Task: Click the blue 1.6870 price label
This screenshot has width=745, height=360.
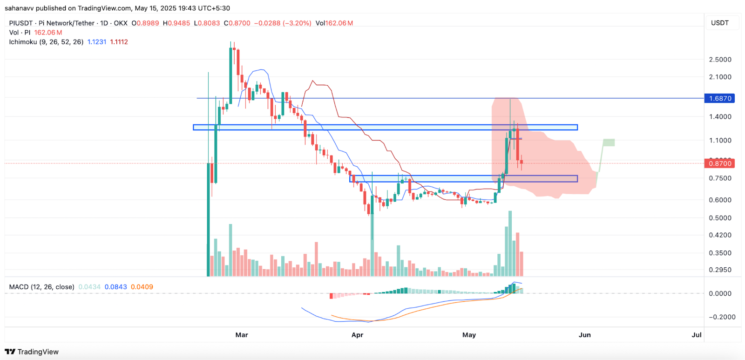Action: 720,98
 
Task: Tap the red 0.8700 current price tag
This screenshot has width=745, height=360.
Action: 720,163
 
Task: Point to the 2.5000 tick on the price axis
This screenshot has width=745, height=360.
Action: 720,60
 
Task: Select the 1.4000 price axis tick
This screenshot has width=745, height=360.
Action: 720,117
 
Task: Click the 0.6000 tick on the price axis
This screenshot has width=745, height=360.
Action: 720,200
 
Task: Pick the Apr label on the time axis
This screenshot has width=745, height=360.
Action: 357,335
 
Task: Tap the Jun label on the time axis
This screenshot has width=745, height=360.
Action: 584,335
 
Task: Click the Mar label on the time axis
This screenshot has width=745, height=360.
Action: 242,335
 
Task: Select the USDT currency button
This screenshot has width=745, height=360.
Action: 719,23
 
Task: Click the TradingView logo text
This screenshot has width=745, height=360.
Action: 38,352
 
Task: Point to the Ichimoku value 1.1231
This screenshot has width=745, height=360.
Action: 97,42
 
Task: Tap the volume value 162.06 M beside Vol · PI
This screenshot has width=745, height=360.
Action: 48,33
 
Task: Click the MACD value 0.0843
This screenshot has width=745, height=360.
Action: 115,287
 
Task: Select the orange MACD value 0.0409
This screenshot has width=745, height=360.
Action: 142,287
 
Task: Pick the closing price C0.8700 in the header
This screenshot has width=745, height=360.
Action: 237,23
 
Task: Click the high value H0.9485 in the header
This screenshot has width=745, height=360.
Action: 176,23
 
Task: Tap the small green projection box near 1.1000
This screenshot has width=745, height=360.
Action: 608,143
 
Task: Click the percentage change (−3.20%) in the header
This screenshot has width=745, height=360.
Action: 296,23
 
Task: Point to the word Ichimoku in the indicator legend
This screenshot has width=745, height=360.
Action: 23,42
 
